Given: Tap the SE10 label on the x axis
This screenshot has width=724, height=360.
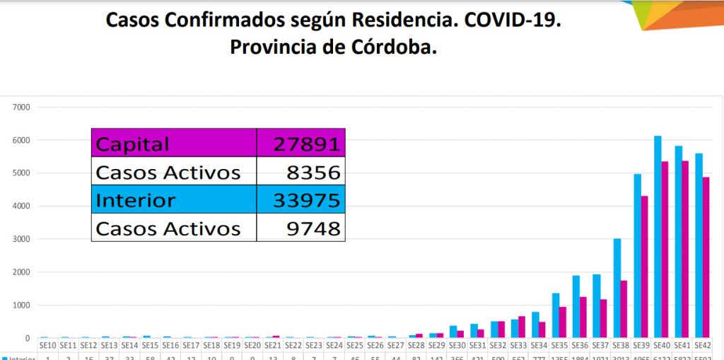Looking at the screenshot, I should [x=47, y=346].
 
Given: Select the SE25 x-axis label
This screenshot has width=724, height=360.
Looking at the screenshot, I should [x=355, y=346].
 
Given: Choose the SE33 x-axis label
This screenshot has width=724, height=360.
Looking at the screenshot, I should [x=519, y=346].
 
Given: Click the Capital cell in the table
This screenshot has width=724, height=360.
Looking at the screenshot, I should [x=133, y=144].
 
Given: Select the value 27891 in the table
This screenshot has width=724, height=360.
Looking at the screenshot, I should [x=307, y=144].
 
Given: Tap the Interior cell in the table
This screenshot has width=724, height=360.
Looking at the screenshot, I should [x=135, y=200].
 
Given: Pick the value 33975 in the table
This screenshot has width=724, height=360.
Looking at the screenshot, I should [x=307, y=200].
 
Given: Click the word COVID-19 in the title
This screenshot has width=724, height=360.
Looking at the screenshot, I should [x=513, y=20].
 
